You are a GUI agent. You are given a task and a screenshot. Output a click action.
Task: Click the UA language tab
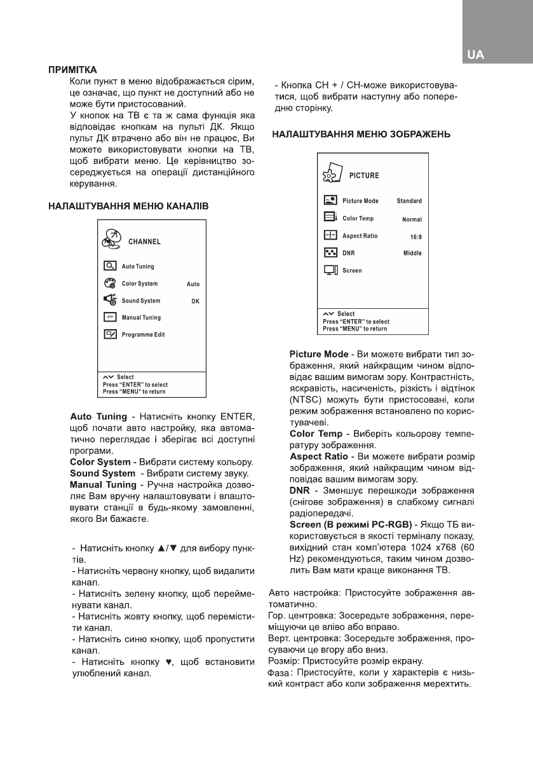coord(475,55)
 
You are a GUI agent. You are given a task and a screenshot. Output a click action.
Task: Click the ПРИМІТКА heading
coord(72,69)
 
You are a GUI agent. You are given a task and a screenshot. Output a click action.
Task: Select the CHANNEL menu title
coord(144,242)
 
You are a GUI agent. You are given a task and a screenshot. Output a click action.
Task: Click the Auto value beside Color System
coord(193,285)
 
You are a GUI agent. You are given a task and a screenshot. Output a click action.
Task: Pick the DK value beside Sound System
coord(196,301)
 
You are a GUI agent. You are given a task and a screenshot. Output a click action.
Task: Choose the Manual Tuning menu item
coord(141,317)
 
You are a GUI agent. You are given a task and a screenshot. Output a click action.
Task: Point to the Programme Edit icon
coord(109,334)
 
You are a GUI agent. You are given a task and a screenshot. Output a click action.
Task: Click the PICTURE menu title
coord(364,175)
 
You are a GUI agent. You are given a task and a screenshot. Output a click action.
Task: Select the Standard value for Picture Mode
coord(409,201)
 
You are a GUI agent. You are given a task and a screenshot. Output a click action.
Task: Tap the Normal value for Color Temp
coord(412,219)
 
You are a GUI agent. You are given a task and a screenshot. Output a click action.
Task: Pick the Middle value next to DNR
coord(412,253)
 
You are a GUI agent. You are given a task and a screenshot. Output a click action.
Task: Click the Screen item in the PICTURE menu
coord(352,270)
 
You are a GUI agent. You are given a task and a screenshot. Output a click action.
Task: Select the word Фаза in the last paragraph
coord(279,672)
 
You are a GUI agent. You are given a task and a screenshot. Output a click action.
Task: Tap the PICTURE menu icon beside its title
coord(331,175)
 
